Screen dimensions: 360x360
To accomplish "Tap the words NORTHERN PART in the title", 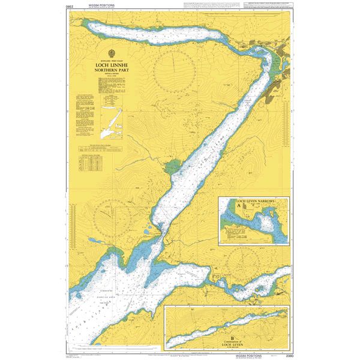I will [112, 70].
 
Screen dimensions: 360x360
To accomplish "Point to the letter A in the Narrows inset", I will [243, 205].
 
